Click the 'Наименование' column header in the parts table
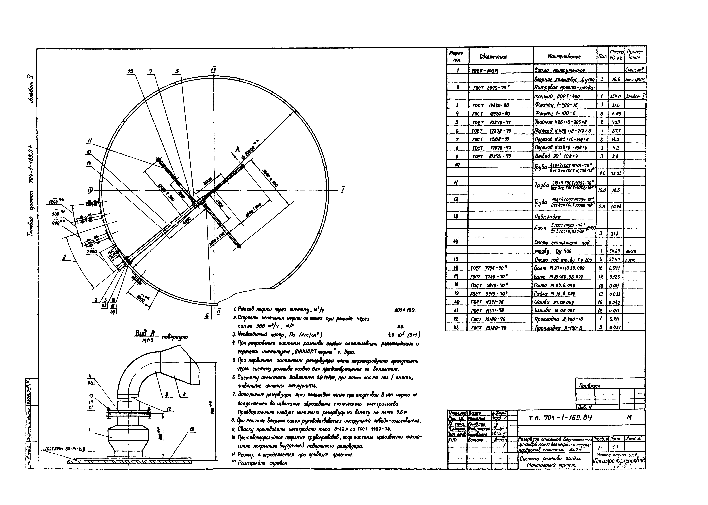pyautogui.click(x=564, y=57)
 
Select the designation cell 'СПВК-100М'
pyautogui.click(x=483, y=71)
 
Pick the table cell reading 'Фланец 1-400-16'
pyautogui.click(x=555, y=105)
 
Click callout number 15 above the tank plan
pyautogui.click(x=130, y=71)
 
